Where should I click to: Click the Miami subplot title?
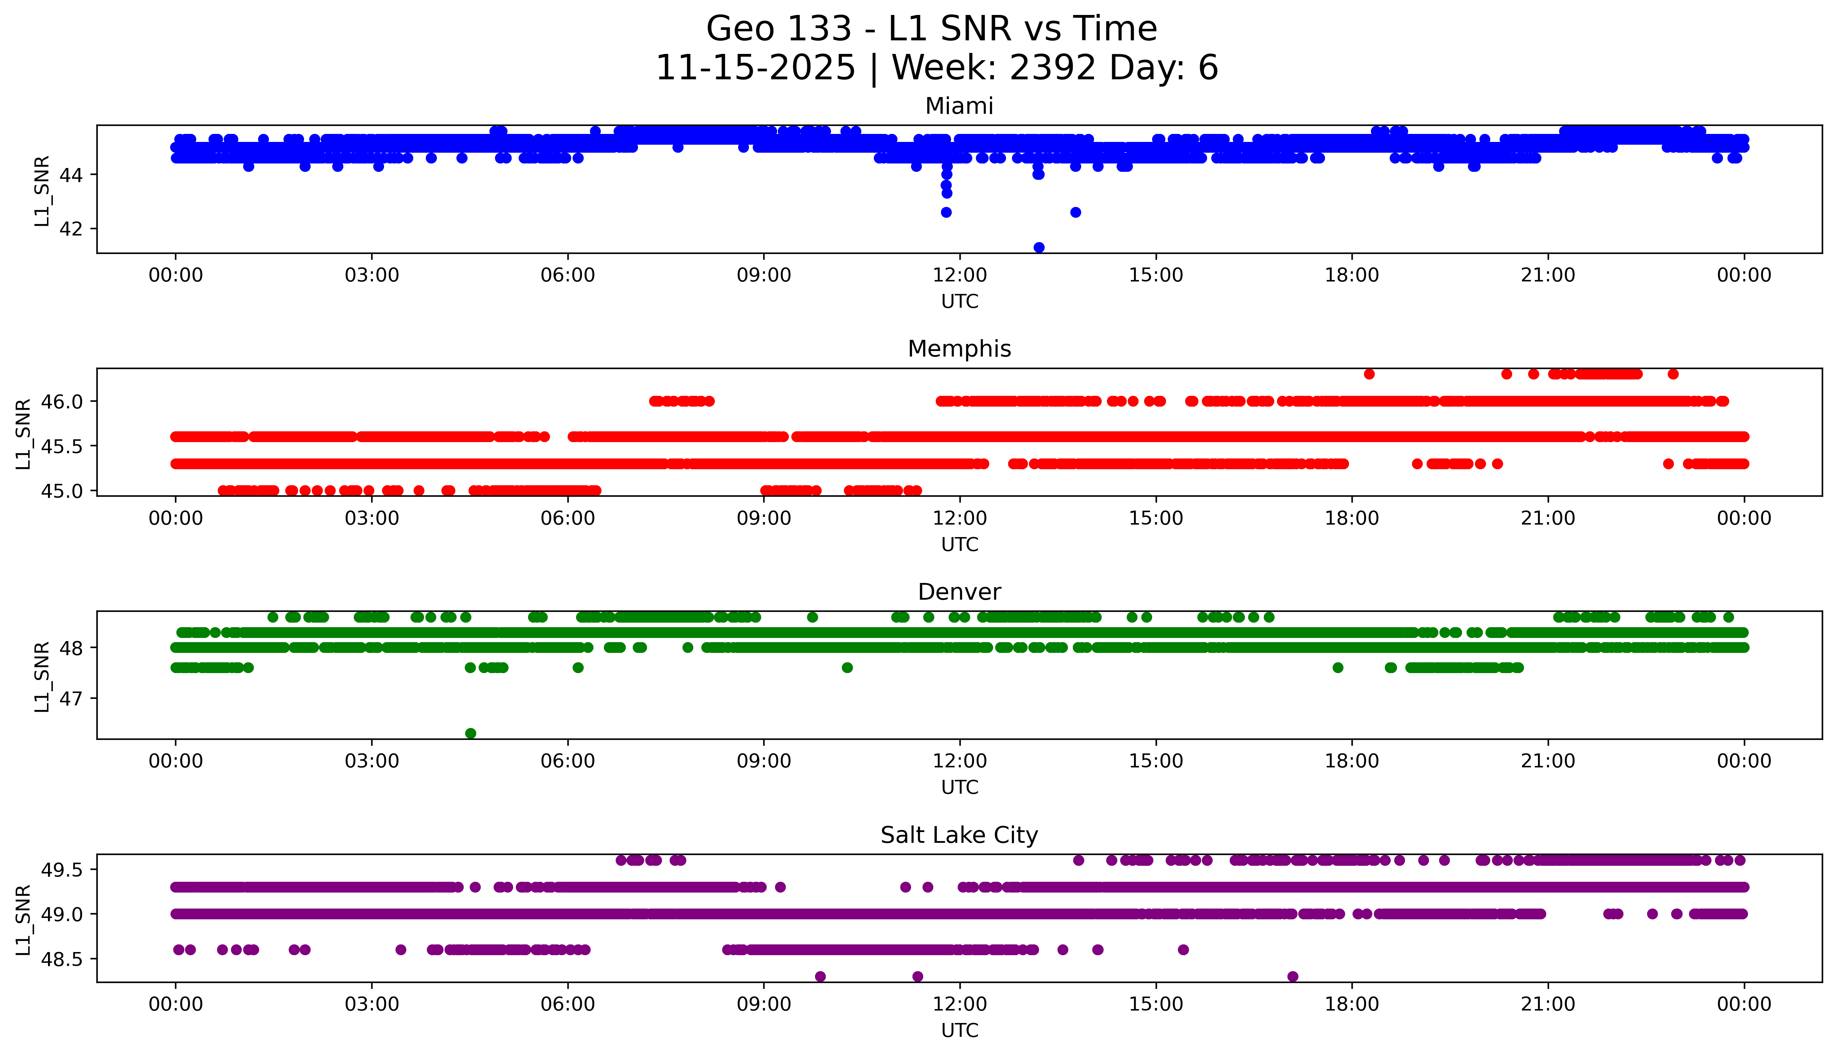click(x=959, y=106)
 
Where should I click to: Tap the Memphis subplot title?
click(x=959, y=349)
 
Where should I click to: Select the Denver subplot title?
click(x=959, y=592)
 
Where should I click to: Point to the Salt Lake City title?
click(x=959, y=836)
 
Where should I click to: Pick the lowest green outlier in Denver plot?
click(x=470, y=733)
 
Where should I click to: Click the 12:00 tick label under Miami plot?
click(x=959, y=275)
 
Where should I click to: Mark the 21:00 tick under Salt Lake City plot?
click(x=1548, y=1004)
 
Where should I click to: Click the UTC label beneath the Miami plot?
click(x=959, y=302)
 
